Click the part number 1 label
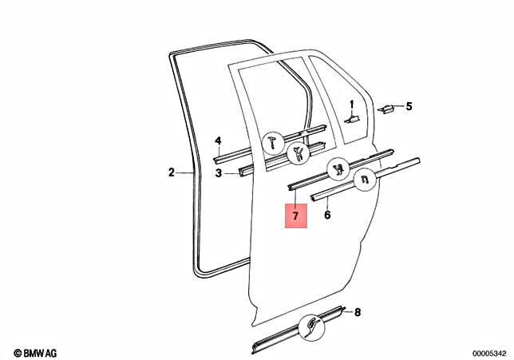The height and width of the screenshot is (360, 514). pyautogui.click(x=352, y=105)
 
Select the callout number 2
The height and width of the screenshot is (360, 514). pyautogui.click(x=172, y=172)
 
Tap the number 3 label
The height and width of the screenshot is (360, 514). pyautogui.click(x=219, y=172)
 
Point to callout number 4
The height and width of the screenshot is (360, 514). pyautogui.click(x=218, y=141)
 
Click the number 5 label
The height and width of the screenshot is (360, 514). pyautogui.click(x=409, y=106)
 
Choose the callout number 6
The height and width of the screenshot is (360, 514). pyautogui.click(x=327, y=215)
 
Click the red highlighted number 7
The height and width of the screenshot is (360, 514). pyautogui.click(x=295, y=216)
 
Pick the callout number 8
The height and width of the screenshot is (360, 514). pyautogui.click(x=358, y=312)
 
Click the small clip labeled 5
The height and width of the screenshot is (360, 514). pyautogui.click(x=386, y=109)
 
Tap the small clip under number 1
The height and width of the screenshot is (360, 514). pyautogui.click(x=352, y=119)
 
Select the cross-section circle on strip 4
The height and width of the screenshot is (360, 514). pyautogui.click(x=274, y=143)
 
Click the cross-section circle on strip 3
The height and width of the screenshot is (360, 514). pyautogui.click(x=299, y=153)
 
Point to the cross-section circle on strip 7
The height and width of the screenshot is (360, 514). pyautogui.click(x=339, y=169)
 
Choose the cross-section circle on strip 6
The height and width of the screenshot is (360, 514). pyautogui.click(x=365, y=179)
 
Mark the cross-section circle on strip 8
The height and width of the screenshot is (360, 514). pyautogui.click(x=311, y=326)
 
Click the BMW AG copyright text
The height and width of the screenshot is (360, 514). pyautogui.click(x=35, y=353)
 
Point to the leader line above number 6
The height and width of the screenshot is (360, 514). pyautogui.click(x=328, y=203)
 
